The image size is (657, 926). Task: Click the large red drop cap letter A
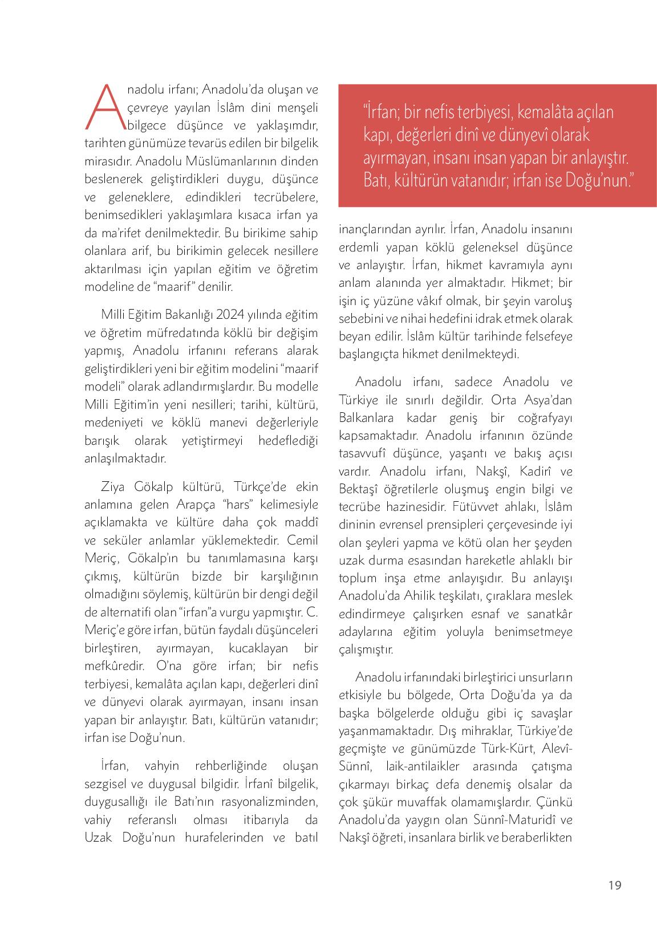103,107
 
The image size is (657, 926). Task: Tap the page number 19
614,885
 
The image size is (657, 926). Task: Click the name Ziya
114,486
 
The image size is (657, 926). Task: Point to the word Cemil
303,539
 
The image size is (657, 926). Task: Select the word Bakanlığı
185,315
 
